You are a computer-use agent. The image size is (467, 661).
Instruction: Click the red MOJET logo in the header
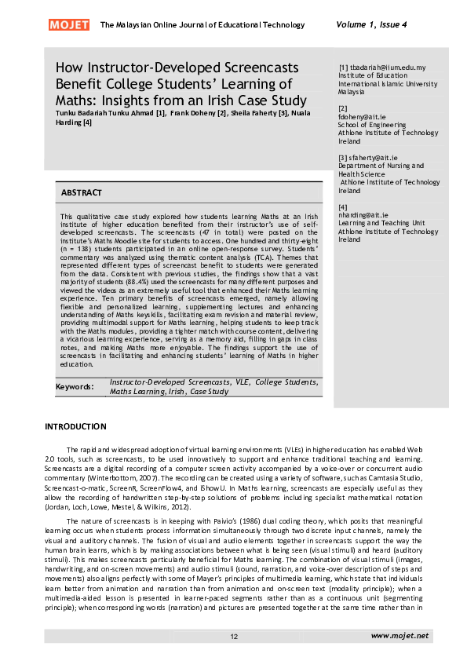69,25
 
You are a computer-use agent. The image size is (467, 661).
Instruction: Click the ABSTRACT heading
82,192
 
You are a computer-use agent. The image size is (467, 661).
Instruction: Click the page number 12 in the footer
233,635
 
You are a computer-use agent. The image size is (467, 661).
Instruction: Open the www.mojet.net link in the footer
400,634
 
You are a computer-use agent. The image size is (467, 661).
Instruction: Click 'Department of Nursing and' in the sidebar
381,166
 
